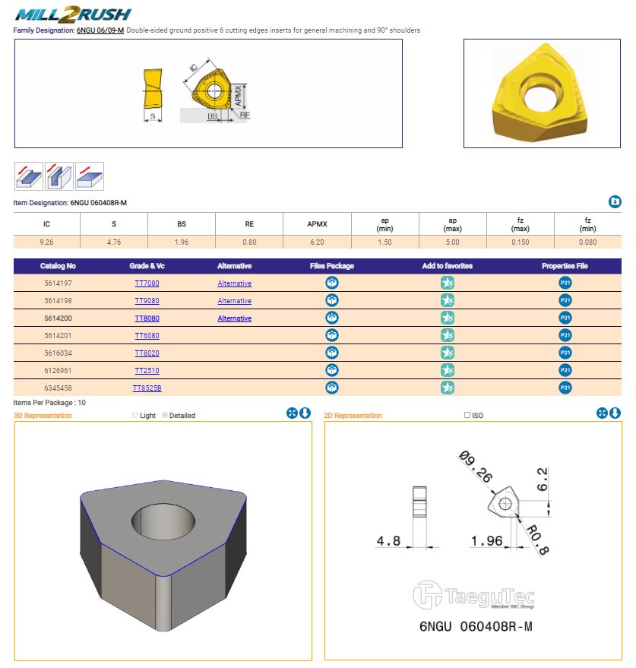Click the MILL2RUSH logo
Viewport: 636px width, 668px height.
coord(74,14)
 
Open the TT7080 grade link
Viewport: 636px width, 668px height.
coord(147,283)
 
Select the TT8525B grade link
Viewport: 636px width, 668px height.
coord(147,388)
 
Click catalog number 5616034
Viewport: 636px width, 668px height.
coord(59,353)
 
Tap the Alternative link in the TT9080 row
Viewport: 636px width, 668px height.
coord(234,301)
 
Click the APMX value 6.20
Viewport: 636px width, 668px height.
coord(317,242)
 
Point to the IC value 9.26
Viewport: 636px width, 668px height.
coord(47,242)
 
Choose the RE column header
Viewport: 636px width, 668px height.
coord(249,224)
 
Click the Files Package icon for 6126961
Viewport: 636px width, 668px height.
coord(332,371)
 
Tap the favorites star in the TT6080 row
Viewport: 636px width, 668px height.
coord(448,336)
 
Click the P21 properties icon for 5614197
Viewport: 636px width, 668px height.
coord(565,283)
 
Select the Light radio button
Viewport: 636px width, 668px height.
coord(135,416)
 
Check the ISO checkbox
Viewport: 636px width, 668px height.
coord(467,416)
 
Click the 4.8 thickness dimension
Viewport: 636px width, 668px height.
coord(388,541)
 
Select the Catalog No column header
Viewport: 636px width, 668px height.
coord(59,266)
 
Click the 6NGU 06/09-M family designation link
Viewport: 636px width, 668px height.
coord(100,30)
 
